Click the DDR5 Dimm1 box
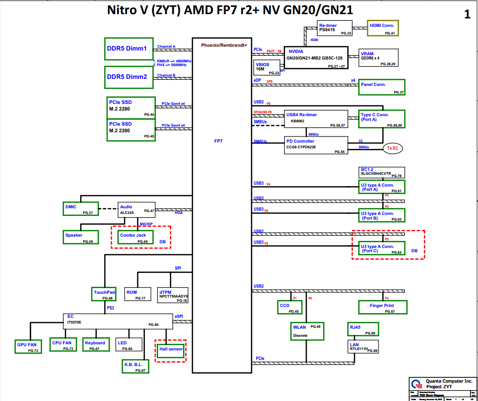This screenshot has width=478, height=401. coord(129,49)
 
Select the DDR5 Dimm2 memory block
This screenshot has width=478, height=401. coord(129,77)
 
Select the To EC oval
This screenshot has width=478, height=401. coord(393,148)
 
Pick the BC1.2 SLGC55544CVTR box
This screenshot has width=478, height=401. coord(382,172)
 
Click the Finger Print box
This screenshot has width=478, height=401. coord(382,307)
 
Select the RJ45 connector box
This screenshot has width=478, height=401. coord(363,329)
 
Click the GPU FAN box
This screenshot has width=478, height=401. coord(27,347)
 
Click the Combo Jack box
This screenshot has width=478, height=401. coord(135,237)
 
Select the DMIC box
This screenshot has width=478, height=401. coord(80,209)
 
